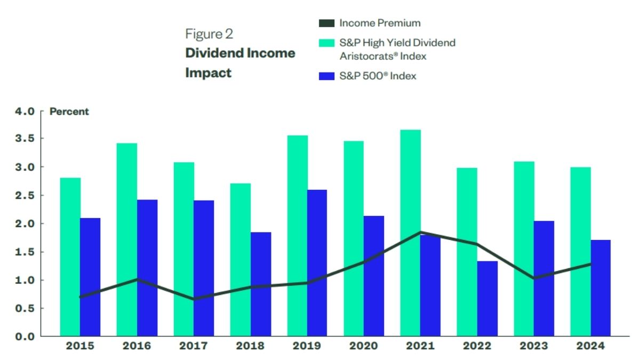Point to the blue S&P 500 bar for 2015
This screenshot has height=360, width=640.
[90, 277]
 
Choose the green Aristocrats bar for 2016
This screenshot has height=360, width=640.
[127, 239]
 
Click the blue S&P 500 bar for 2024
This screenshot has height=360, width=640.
[601, 288]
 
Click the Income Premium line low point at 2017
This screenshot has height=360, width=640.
[194, 299]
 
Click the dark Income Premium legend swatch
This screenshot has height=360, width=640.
[326, 23]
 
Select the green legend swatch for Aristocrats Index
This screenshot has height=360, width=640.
[326, 43]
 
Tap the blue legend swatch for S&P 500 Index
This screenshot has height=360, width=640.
[326, 76]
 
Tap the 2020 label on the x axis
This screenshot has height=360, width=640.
[363, 346]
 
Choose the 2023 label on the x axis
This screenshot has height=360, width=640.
[534, 346]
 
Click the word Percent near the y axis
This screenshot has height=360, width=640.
[69, 111]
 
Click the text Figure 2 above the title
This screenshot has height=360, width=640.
[209, 34]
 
